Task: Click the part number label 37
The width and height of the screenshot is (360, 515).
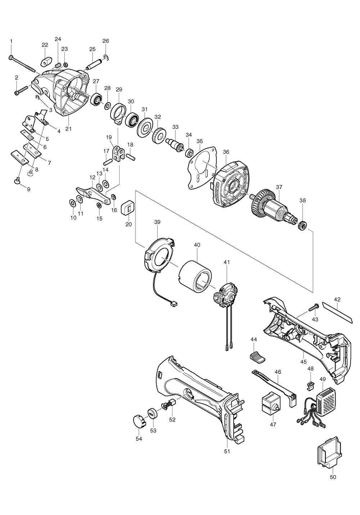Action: coord(279,187)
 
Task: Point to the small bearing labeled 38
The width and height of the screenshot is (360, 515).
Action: coord(302,226)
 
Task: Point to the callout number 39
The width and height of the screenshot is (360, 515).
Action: coord(157,222)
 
